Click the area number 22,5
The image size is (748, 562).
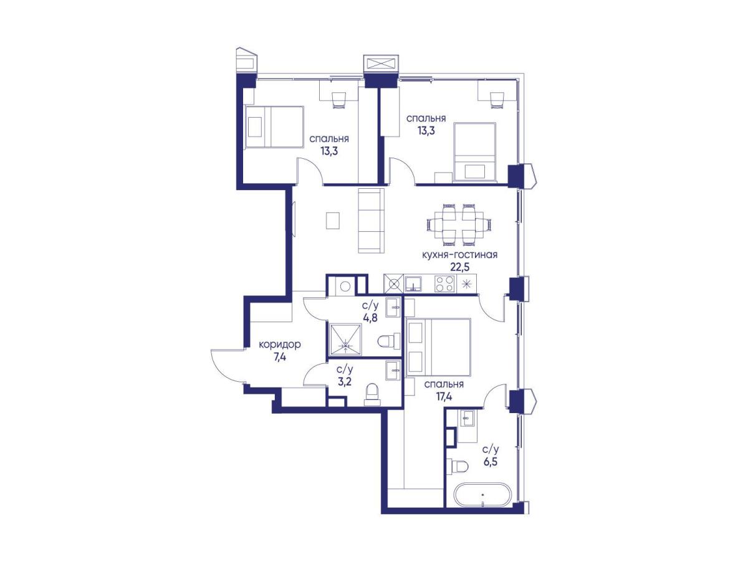click(x=459, y=267)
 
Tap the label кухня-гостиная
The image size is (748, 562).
click(x=459, y=254)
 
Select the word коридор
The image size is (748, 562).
click(x=279, y=345)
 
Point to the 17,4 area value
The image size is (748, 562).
click(x=443, y=396)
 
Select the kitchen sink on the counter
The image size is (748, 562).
click(x=413, y=283)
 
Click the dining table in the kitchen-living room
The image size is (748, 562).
click(x=459, y=225)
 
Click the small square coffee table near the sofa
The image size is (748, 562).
click(x=333, y=221)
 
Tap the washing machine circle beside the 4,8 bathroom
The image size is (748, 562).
click(x=345, y=286)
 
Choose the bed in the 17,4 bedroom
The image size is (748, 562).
click(x=439, y=347)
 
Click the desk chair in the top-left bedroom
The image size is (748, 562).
click(x=340, y=100)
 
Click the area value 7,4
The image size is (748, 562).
click(x=279, y=357)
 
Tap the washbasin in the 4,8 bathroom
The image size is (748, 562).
click(x=393, y=307)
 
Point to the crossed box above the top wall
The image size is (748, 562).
click(x=381, y=64)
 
